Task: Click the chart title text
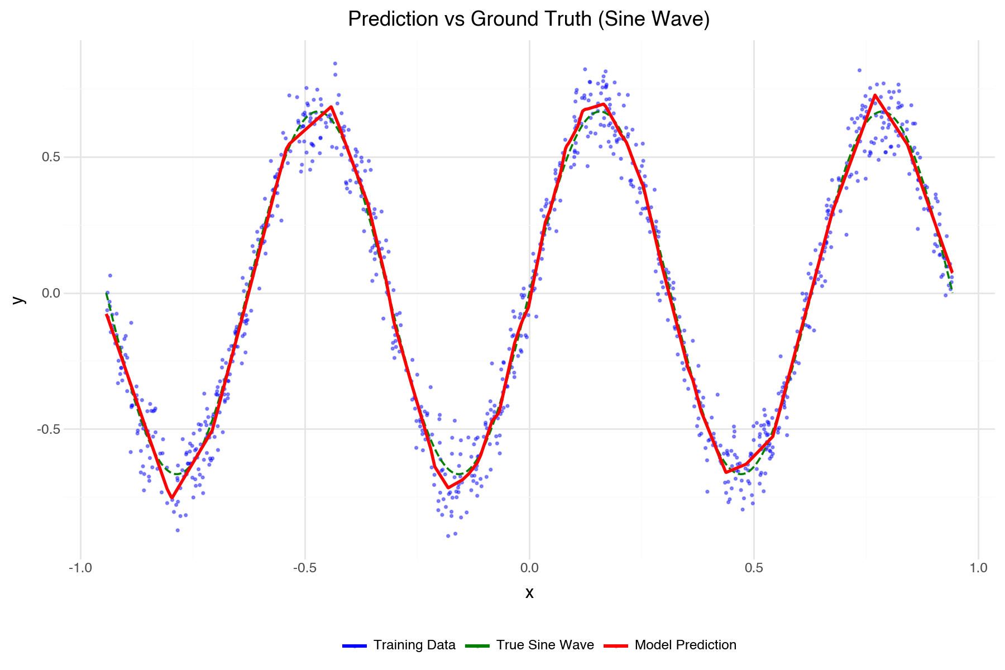529,19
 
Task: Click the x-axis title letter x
529,593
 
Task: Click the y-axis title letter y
19,299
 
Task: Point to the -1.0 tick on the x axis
80,568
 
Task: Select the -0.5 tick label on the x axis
305,568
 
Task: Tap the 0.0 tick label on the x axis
529,568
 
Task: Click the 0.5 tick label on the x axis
754,568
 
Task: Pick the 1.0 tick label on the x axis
978,568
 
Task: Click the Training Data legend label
414,645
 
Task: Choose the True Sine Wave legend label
545,645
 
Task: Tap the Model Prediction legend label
686,645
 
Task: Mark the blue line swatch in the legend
355,645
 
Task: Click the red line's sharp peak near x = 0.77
875,96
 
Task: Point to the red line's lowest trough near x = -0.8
172,497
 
